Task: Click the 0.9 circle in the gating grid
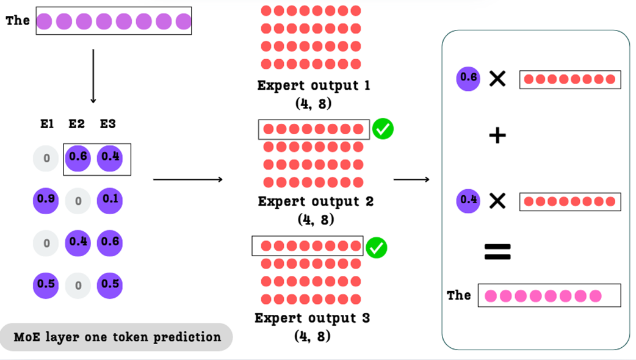point(46,200)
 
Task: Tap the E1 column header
point(47,124)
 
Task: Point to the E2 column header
point(76,124)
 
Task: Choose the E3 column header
point(108,124)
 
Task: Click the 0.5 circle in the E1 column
point(46,284)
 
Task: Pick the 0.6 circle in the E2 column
point(78,157)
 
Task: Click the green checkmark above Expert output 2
point(383,129)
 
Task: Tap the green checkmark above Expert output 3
point(377,247)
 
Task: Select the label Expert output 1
point(314,85)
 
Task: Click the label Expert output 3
point(313,318)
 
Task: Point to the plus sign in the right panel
point(497,135)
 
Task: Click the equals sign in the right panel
point(497,251)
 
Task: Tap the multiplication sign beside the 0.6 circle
point(497,79)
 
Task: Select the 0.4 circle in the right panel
point(469,200)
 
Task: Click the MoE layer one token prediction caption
point(118,337)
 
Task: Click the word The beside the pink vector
point(459,295)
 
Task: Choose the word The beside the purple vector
point(18,21)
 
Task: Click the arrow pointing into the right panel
point(411,179)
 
